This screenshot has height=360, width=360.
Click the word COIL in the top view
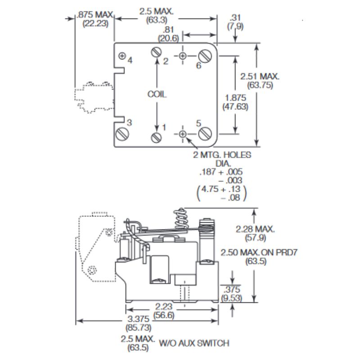pyautogui.click(x=157, y=94)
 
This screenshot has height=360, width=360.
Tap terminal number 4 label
pyautogui.click(x=130, y=60)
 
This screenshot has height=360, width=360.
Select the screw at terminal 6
pyautogui.click(x=205, y=56)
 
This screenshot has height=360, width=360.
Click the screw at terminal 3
pyautogui.click(x=122, y=134)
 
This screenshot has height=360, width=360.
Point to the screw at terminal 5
pyautogui.click(x=205, y=133)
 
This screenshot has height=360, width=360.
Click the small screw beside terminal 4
pyautogui.click(x=122, y=56)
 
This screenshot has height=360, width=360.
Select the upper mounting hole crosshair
pyautogui.click(x=183, y=56)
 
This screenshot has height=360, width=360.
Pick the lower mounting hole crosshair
pyautogui.click(x=183, y=134)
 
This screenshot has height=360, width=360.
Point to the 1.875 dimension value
pyautogui.click(x=236, y=98)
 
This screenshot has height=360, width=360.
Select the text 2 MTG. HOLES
pyautogui.click(x=223, y=155)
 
